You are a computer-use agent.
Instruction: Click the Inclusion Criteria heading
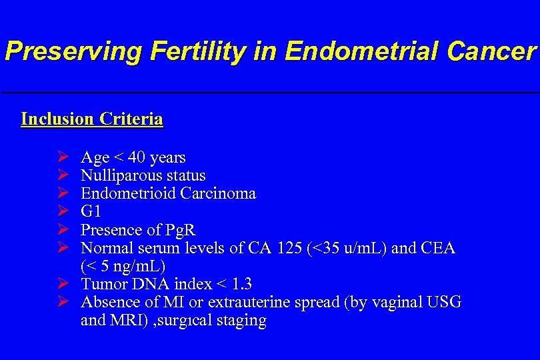pyautogui.click(x=92, y=119)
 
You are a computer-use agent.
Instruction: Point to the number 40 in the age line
pyautogui.click(x=137, y=158)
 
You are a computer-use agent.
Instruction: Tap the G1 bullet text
pyautogui.click(x=91, y=212)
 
